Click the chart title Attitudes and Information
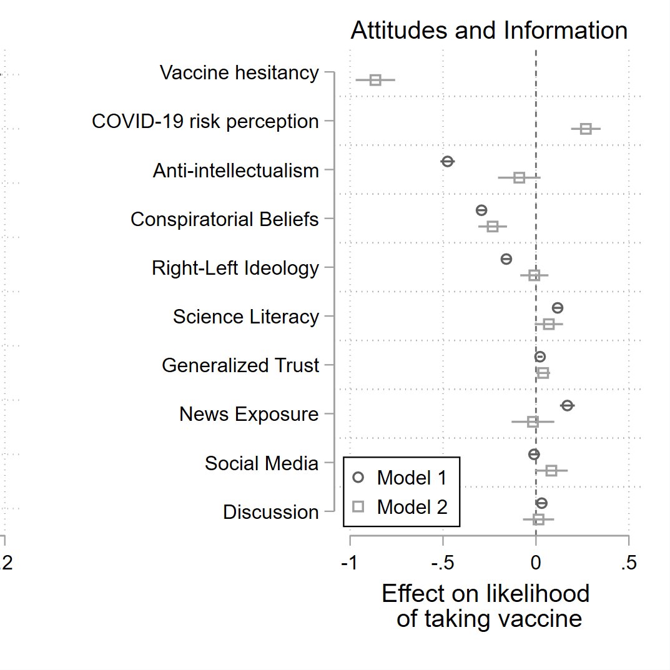pyautogui.click(x=489, y=31)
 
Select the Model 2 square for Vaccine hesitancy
pyautogui.click(x=375, y=80)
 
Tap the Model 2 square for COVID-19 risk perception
pyautogui.click(x=586, y=129)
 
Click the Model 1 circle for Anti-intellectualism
pyautogui.click(x=447, y=162)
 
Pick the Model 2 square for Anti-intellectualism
pyautogui.click(x=519, y=178)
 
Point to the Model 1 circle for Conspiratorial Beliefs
pyautogui.click(x=481, y=210)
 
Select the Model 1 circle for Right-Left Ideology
pyautogui.click(x=506, y=259)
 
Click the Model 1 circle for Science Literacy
pyautogui.click(x=558, y=308)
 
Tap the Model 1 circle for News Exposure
pyautogui.click(x=567, y=406)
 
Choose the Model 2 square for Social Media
pyautogui.click(x=551, y=471)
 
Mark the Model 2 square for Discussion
pyautogui.click(x=539, y=520)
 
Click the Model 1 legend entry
pyautogui.click(x=402, y=478)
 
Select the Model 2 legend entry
pyautogui.click(x=402, y=506)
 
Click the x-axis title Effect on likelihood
pyautogui.click(x=486, y=594)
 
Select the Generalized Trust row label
pyautogui.click(x=240, y=365)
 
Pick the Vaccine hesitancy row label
pyautogui.click(x=239, y=73)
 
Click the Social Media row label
pyautogui.click(x=262, y=463)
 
